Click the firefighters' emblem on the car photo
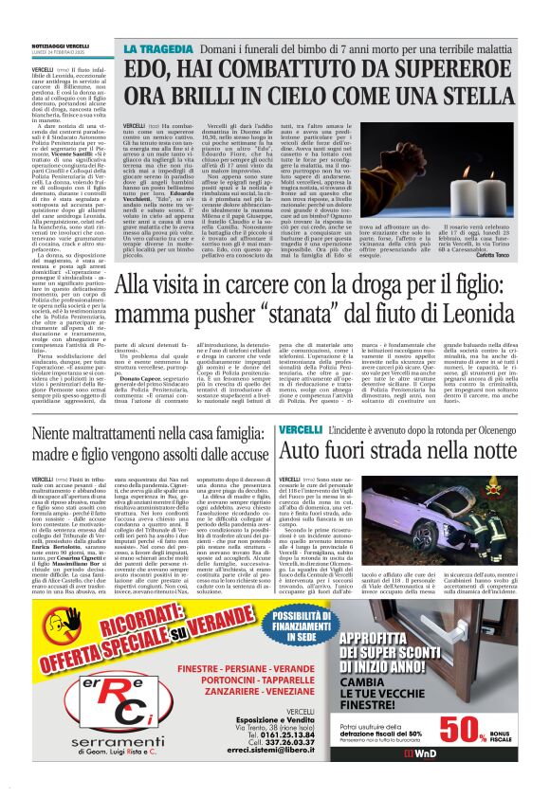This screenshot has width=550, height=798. [526, 484]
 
